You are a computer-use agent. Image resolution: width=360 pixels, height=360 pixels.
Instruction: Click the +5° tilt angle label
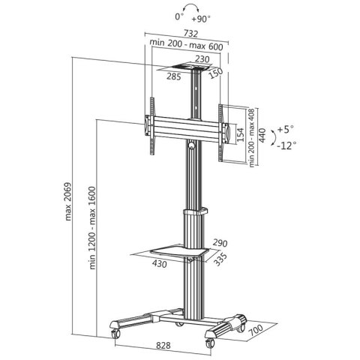pos(286,128)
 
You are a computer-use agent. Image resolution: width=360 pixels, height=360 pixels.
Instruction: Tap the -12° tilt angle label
pos(286,145)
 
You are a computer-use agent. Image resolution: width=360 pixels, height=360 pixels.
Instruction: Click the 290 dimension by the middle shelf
pos(219,242)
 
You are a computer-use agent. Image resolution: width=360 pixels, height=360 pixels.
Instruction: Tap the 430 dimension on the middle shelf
pos(160,265)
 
